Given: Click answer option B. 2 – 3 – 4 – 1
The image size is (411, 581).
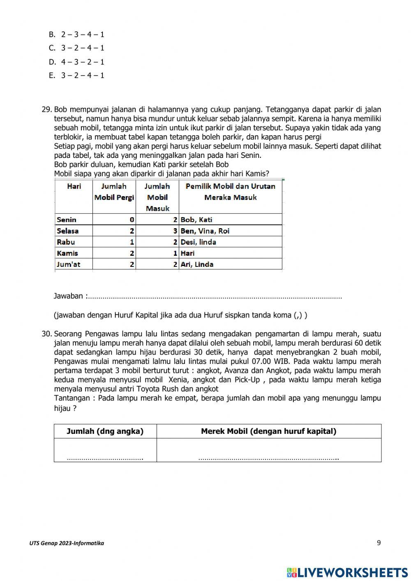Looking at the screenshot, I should click(x=76, y=35).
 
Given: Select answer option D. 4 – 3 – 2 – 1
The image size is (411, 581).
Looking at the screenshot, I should click(x=76, y=62).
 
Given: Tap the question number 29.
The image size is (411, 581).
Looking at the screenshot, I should click(x=46, y=110).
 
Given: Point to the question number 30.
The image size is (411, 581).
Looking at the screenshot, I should click(x=46, y=334).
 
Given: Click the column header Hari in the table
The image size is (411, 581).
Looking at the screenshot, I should click(x=74, y=186).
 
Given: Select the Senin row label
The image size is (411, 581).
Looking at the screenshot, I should click(x=67, y=220).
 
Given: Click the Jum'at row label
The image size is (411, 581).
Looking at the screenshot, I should click(x=69, y=264).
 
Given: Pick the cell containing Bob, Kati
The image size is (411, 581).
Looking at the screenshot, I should click(x=196, y=220).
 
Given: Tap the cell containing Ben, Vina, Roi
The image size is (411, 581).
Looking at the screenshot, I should click(x=205, y=231).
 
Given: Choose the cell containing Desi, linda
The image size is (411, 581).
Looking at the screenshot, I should click(x=198, y=242).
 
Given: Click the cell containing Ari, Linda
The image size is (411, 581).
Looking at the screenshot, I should click(x=197, y=264).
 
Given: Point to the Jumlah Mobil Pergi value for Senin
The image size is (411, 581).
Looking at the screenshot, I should click(x=132, y=220).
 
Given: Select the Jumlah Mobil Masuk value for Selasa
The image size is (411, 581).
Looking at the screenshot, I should click(x=175, y=231).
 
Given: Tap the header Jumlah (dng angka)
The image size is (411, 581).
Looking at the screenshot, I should click(x=105, y=431).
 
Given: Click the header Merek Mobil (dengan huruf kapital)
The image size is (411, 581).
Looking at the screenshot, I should click(x=268, y=431).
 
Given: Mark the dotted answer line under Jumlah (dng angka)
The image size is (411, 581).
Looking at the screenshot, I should click(x=105, y=458).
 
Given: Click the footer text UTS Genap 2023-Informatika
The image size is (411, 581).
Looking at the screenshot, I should click(x=67, y=543).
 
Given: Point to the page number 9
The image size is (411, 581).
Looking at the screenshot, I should click(x=379, y=543).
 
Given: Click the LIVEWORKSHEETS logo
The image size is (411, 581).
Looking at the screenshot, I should click(x=347, y=572).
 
